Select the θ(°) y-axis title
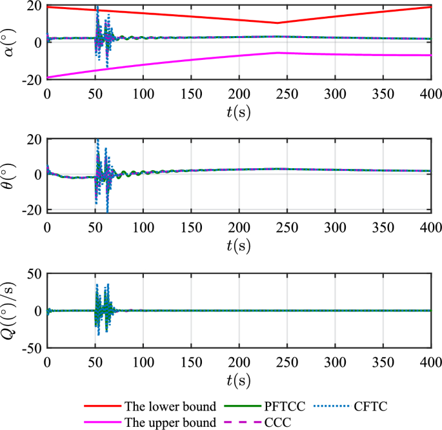(10, 174)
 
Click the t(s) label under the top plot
(239, 111)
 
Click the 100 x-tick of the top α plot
(143, 94)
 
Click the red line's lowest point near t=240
(277, 23)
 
